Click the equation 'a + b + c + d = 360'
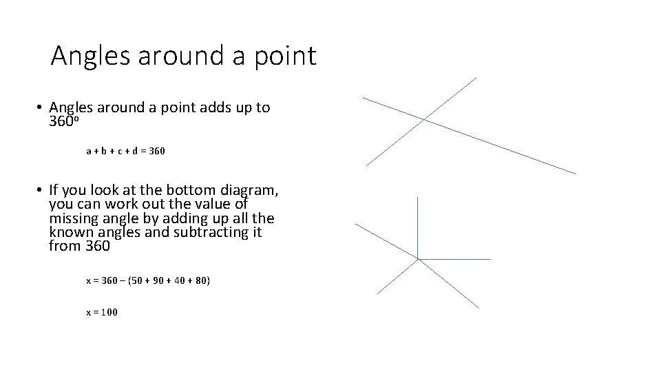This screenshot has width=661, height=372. tap(125, 150)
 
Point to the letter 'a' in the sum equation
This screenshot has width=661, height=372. tap(89, 150)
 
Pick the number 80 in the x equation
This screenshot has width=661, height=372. tap(200, 281)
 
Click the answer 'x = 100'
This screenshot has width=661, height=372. tap(102, 312)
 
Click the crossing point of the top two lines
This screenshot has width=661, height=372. tap(423, 119)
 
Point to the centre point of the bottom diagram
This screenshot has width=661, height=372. tap(418, 259)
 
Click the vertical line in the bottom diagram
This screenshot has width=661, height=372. tap(418, 227)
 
